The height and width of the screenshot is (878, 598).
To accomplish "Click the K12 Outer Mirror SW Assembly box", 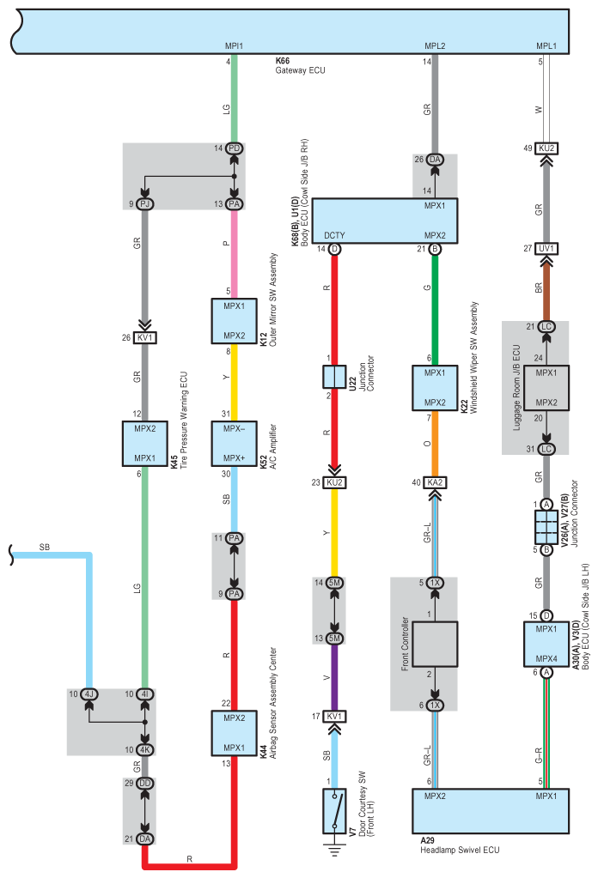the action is click(234, 321).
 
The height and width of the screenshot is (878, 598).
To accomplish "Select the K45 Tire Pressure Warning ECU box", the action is click(144, 444).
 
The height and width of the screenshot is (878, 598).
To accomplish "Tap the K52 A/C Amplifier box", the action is click(234, 444).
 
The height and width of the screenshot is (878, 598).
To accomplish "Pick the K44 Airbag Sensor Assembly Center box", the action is click(234, 733).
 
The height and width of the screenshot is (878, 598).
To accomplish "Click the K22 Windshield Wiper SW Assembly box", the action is click(435, 387).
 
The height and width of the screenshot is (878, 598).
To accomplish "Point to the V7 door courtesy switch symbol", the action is click(334, 811).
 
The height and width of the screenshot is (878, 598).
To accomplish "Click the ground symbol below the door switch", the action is click(334, 850).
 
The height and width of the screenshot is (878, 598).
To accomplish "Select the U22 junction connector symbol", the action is click(334, 377).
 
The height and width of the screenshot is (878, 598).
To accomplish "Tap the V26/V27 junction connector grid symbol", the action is click(546, 527).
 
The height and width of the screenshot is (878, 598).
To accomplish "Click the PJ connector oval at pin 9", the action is click(144, 203).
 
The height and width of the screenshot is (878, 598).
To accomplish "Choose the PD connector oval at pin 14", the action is click(235, 148).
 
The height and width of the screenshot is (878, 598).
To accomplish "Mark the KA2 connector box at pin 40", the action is click(435, 482).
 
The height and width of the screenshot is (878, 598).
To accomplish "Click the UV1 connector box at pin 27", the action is click(546, 248).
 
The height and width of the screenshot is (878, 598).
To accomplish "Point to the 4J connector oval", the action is click(89, 694).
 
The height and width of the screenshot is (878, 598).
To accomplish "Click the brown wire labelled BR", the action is click(546, 288).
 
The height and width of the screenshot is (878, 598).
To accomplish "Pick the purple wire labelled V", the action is click(334, 677).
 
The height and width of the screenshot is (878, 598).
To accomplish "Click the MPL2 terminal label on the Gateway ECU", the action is click(435, 45).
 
